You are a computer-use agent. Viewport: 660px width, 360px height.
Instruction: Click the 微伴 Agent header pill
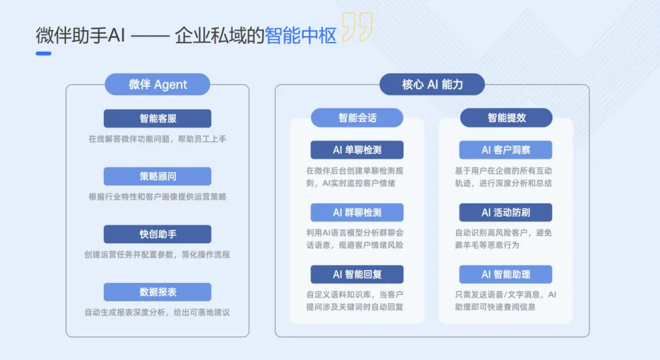click(157, 84)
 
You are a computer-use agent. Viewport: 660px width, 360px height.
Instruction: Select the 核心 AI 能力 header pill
click(432, 84)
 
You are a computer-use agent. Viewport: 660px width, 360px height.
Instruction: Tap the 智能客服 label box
click(157, 119)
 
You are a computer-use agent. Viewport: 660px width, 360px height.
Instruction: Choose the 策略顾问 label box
click(157, 177)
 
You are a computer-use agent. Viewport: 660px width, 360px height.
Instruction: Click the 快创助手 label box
click(157, 234)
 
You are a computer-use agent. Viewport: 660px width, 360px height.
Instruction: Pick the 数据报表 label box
click(157, 292)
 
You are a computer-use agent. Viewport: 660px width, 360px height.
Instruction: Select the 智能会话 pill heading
click(357, 118)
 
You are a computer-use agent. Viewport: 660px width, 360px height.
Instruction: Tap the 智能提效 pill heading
click(506, 118)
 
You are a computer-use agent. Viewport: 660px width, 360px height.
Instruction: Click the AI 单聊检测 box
click(357, 150)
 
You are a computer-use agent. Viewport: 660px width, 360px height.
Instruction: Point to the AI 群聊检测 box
click(357, 213)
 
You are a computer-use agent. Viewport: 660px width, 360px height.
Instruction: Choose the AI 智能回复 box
click(357, 274)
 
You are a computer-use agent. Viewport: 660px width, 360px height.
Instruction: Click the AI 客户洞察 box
click(506, 150)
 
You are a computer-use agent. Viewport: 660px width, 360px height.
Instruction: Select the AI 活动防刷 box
click(506, 213)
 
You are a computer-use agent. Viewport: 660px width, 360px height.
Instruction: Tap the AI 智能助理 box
click(506, 274)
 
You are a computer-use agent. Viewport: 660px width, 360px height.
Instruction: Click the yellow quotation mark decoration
click(357, 28)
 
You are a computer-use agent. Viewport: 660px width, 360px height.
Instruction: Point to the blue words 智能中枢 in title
click(301, 36)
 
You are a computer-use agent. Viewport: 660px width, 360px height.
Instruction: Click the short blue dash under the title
click(43, 54)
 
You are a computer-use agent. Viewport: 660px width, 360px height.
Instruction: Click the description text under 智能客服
click(157, 139)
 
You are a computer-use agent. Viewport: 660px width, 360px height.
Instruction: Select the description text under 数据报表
click(157, 312)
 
